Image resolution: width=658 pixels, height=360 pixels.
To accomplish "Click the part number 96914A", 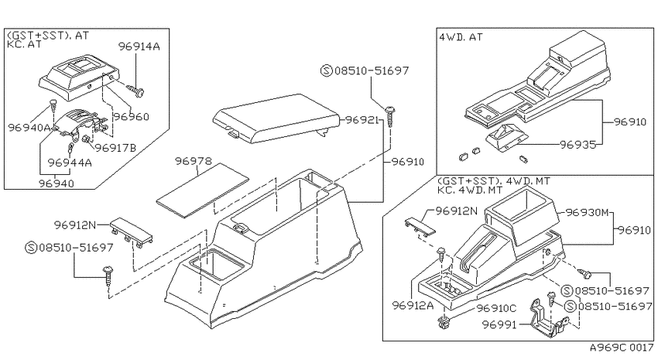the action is point(139,46).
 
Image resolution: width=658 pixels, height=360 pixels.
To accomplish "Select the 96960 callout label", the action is point(132,116).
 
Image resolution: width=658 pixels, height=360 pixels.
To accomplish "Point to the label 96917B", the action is point(115,148).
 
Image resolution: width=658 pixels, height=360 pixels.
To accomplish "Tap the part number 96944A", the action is point(70,163).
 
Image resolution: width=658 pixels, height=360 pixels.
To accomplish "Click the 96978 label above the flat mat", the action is point(194,161).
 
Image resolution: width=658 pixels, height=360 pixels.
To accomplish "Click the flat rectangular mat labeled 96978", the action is point(202,190).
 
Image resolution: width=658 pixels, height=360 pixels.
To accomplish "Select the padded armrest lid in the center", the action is point(276,118).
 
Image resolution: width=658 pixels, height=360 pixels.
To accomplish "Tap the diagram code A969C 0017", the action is point(622,348).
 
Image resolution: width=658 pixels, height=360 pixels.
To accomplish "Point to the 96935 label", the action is point(577,145).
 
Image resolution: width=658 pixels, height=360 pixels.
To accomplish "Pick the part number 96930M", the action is point(587,212).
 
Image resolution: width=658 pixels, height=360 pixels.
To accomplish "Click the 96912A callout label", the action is point(413,305).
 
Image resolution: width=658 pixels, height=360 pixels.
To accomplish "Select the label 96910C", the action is point(496,308).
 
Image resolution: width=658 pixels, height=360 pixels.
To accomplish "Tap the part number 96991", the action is point(499,324).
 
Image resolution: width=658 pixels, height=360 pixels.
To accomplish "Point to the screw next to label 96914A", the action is point(135,90).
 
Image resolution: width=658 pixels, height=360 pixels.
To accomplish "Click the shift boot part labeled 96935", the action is point(505,137).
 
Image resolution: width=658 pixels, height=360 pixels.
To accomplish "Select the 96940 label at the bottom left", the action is point(57,183).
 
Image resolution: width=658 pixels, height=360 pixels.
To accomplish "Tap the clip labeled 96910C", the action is point(444,322).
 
